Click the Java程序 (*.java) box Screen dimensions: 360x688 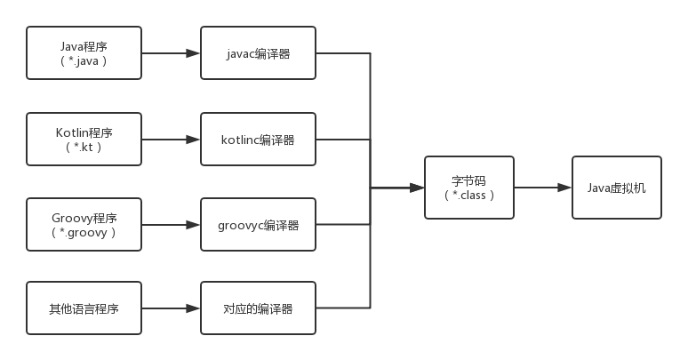(84, 53)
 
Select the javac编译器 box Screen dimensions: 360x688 (258, 53)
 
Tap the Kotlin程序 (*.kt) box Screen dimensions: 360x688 (84, 140)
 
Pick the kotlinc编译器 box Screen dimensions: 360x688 (258, 140)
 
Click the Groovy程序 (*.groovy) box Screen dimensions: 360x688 (84, 225)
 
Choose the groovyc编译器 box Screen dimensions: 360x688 (258, 225)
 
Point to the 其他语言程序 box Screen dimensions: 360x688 (84, 308)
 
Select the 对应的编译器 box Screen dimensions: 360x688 (258, 308)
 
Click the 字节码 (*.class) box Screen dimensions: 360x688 (469, 188)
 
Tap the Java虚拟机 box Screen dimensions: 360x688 (616, 188)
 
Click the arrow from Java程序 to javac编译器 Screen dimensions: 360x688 (171, 53)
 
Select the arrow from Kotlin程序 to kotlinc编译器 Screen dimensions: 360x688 (171, 140)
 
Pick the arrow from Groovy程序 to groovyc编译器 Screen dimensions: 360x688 (171, 225)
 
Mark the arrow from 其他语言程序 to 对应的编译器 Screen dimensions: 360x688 (171, 308)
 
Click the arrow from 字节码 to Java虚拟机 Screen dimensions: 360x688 (542, 188)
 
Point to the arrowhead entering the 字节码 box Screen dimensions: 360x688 (417, 188)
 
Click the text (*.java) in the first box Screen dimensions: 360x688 (84, 61)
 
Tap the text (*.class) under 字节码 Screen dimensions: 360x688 (469, 196)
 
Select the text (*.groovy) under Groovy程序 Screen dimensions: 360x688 (84, 233)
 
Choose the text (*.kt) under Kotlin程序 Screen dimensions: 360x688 (84, 148)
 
